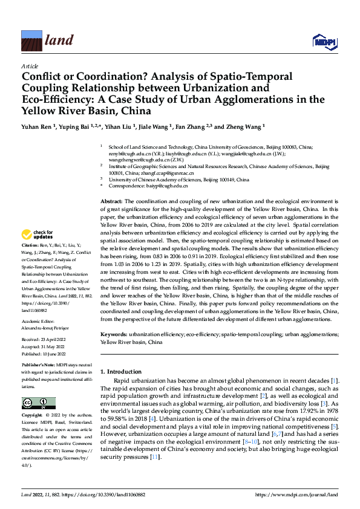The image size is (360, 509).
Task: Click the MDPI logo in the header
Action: tap(324, 41)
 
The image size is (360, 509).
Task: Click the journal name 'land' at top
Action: tap(59, 41)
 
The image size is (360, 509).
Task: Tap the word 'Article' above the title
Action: tap(30, 66)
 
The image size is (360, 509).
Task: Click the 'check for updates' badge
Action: tap(38, 235)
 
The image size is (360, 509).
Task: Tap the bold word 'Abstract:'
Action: tap(111, 201)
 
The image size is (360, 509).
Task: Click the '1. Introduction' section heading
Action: tap(120, 371)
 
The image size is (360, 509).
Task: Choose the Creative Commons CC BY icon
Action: tap(39, 403)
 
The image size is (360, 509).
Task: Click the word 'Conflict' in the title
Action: tap(45, 77)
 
